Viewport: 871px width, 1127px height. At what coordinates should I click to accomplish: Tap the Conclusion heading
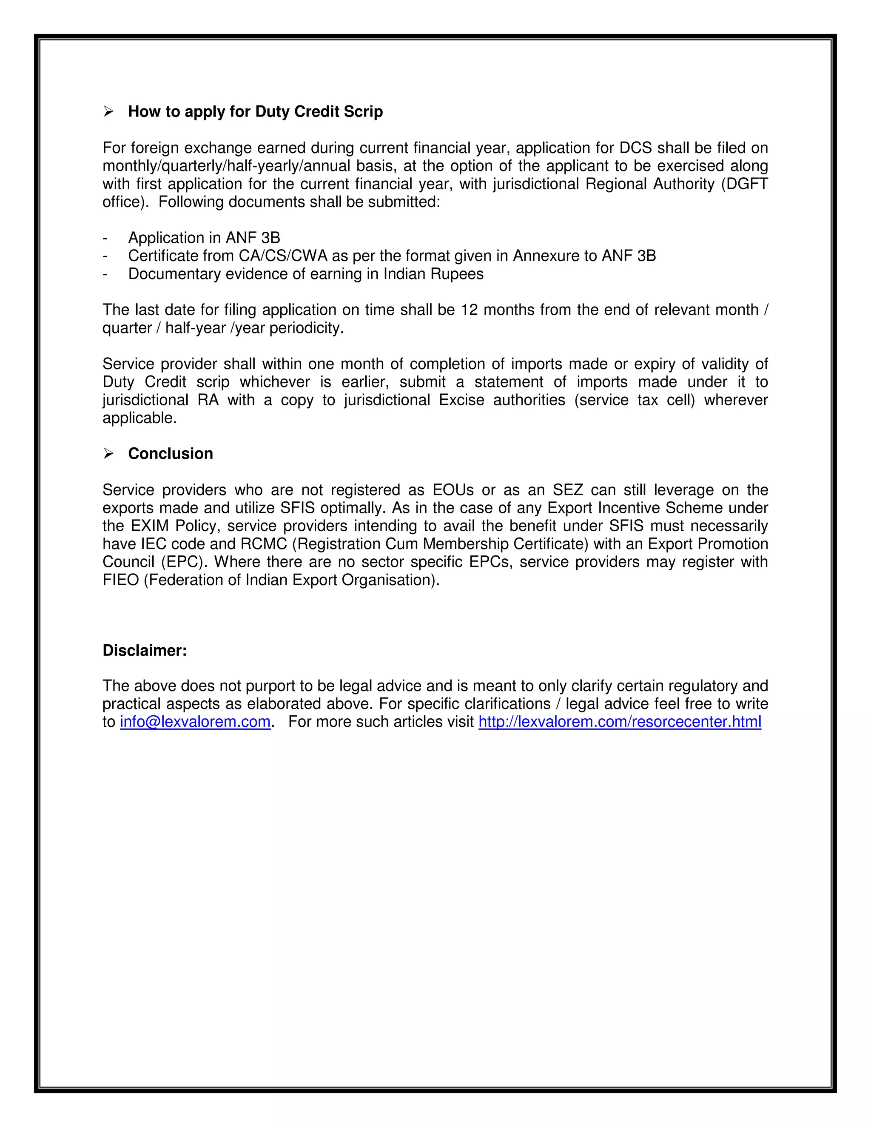point(170,454)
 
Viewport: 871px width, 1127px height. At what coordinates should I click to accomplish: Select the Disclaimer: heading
point(145,650)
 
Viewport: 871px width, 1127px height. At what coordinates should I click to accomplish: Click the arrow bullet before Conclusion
point(108,454)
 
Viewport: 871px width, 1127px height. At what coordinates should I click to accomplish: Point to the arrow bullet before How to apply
point(108,111)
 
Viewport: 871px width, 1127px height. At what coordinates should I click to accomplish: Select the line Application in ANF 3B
point(204,238)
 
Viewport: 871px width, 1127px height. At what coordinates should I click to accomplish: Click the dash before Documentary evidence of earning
point(105,274)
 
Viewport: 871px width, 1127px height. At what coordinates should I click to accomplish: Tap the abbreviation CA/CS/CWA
point(283,256)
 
